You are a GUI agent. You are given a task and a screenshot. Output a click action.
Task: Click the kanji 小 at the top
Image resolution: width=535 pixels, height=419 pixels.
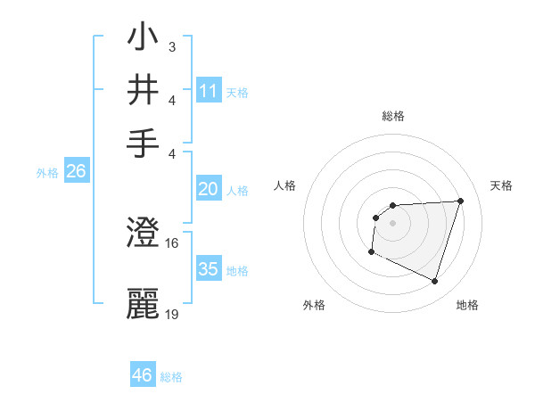pos(144,40)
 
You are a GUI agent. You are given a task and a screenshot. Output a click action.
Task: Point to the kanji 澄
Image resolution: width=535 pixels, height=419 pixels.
pos(144,235)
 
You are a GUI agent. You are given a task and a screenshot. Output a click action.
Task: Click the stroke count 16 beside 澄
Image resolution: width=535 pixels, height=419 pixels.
pos(172,243)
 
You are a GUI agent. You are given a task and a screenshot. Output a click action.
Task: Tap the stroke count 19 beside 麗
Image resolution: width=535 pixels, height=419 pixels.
pos(172,313)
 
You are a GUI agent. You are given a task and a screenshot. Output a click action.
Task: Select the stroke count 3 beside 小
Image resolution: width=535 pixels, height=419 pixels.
pos(171,45)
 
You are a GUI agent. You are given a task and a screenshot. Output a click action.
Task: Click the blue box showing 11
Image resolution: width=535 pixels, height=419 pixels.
pos(209,90)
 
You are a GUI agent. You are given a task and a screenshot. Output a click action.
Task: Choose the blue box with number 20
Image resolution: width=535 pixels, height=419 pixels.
pos(209,188)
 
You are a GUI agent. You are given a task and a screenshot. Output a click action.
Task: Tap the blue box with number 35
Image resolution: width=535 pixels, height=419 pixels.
pos(209,268)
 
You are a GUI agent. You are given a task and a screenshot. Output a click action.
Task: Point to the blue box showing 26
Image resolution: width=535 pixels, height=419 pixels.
pos(76,171)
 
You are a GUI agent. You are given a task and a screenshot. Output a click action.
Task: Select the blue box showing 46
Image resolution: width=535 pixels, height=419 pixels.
pos(143,375)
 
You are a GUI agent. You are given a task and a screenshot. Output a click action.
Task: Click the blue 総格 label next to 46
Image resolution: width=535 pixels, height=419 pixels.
pos(171,377)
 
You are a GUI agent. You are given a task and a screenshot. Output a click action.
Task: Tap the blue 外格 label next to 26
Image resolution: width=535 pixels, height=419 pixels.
pos(47,173)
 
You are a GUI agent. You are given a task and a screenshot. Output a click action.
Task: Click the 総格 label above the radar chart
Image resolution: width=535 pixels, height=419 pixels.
pos(392,116)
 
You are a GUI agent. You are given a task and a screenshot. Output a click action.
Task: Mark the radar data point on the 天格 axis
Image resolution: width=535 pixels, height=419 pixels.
pos(460,201)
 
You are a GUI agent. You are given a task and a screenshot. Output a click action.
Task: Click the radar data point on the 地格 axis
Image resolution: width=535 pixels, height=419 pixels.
pos(434,282)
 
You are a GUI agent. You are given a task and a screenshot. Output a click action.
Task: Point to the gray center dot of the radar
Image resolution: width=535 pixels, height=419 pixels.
pos(392,222)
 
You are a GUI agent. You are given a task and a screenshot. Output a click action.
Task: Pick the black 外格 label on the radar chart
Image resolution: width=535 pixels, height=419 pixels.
pos(314,306)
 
